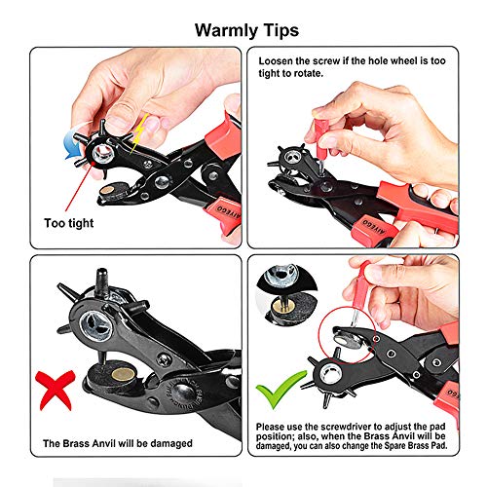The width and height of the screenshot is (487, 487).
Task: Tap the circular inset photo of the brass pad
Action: pyautogui.click(x=290, y=292)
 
